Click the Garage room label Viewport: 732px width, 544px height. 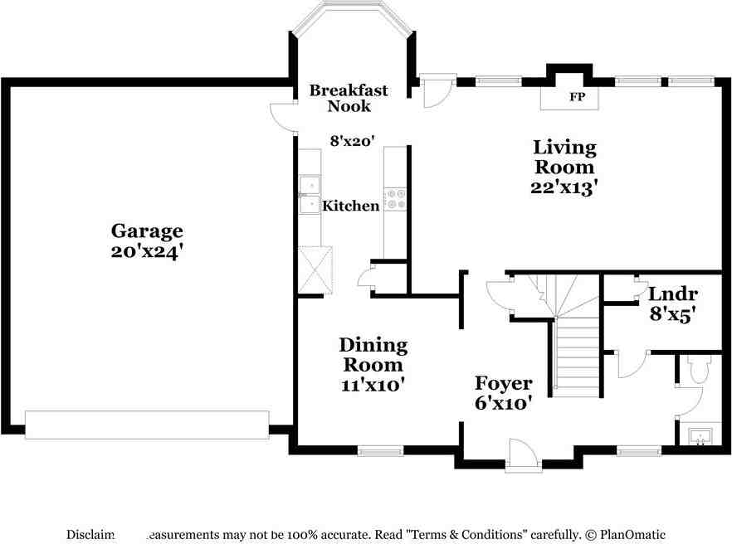click(148, 231)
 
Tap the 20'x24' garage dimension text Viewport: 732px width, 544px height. click(148, 250)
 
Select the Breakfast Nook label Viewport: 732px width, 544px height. click(348, 98)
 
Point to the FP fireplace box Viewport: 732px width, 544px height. click(576, 96)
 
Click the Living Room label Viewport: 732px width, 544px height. click(564, 157)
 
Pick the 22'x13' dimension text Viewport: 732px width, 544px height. click(564, 187)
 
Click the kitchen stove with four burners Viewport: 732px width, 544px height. click(395, 198)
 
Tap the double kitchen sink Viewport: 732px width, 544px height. click(310, 194)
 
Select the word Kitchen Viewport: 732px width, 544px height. click(351, 206)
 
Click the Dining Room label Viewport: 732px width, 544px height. click(373, 354)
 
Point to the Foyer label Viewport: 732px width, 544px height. click(503, 383)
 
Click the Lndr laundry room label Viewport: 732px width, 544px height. click(672, 294)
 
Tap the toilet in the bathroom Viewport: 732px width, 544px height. click(697, 369)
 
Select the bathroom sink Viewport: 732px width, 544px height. click(700, 435)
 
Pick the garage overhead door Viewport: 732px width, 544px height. click(147, 424)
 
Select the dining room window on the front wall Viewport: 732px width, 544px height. click(379, 451)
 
